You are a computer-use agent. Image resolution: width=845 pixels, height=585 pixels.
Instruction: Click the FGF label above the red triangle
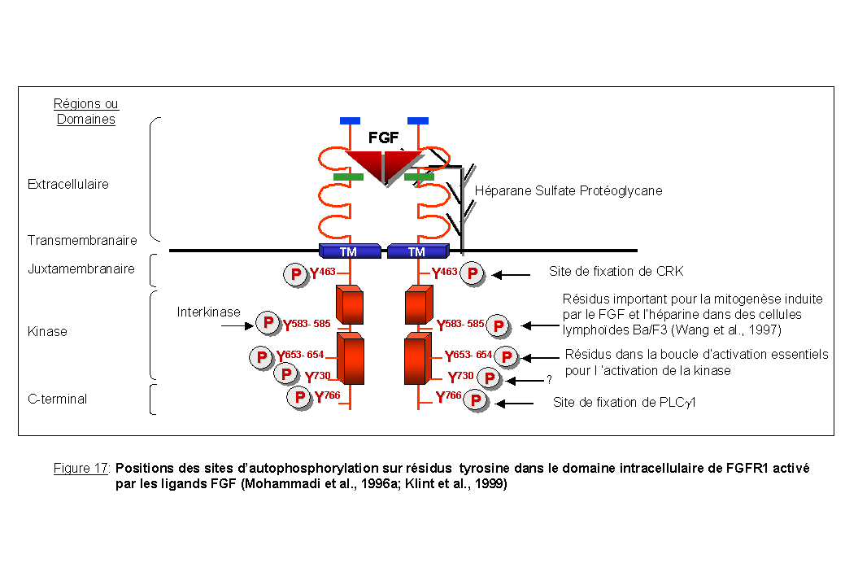(x=384, y=138)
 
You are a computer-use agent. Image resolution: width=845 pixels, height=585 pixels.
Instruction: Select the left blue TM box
(x=349, y=251)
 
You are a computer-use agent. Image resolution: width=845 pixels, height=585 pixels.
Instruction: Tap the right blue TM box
(x=416, y=251)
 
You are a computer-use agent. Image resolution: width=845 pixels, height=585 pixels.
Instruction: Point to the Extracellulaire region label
(x=68, y=185)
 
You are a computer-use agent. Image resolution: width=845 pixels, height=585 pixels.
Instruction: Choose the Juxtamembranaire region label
(x=81, y=268)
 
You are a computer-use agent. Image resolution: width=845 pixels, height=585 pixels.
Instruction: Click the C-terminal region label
(x=58, y=399)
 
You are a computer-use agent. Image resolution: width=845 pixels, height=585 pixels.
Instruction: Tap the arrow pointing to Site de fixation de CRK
(x=511, y=276)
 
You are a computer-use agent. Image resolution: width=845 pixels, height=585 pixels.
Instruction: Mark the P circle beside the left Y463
(x=294, y=275)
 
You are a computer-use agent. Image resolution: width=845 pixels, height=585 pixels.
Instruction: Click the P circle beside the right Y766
(x=475, y=402)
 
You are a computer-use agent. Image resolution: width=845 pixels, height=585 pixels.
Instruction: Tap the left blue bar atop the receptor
(x=350, y=121)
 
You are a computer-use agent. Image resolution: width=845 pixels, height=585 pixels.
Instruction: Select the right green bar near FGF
(x=419, y=176)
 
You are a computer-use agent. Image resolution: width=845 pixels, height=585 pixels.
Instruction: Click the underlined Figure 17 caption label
(x=82, y=469)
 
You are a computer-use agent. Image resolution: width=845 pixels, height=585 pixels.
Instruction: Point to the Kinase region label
(x=47, y=332)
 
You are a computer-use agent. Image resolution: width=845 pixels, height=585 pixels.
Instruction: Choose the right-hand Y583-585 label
(x=460, y=325)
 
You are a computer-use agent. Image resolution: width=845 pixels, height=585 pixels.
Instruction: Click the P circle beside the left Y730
(x=286, y=374)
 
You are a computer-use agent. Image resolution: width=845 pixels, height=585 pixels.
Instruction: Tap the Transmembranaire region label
(x=82, y=241)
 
